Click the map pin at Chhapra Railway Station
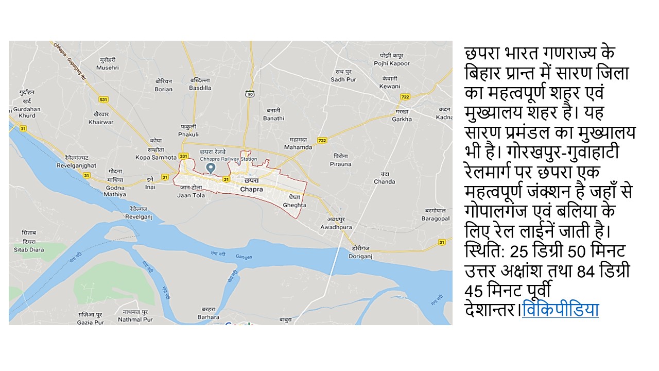(210, 168)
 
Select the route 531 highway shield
(103, 99)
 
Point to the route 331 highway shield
(183, 157)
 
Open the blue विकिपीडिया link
(560, 311)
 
